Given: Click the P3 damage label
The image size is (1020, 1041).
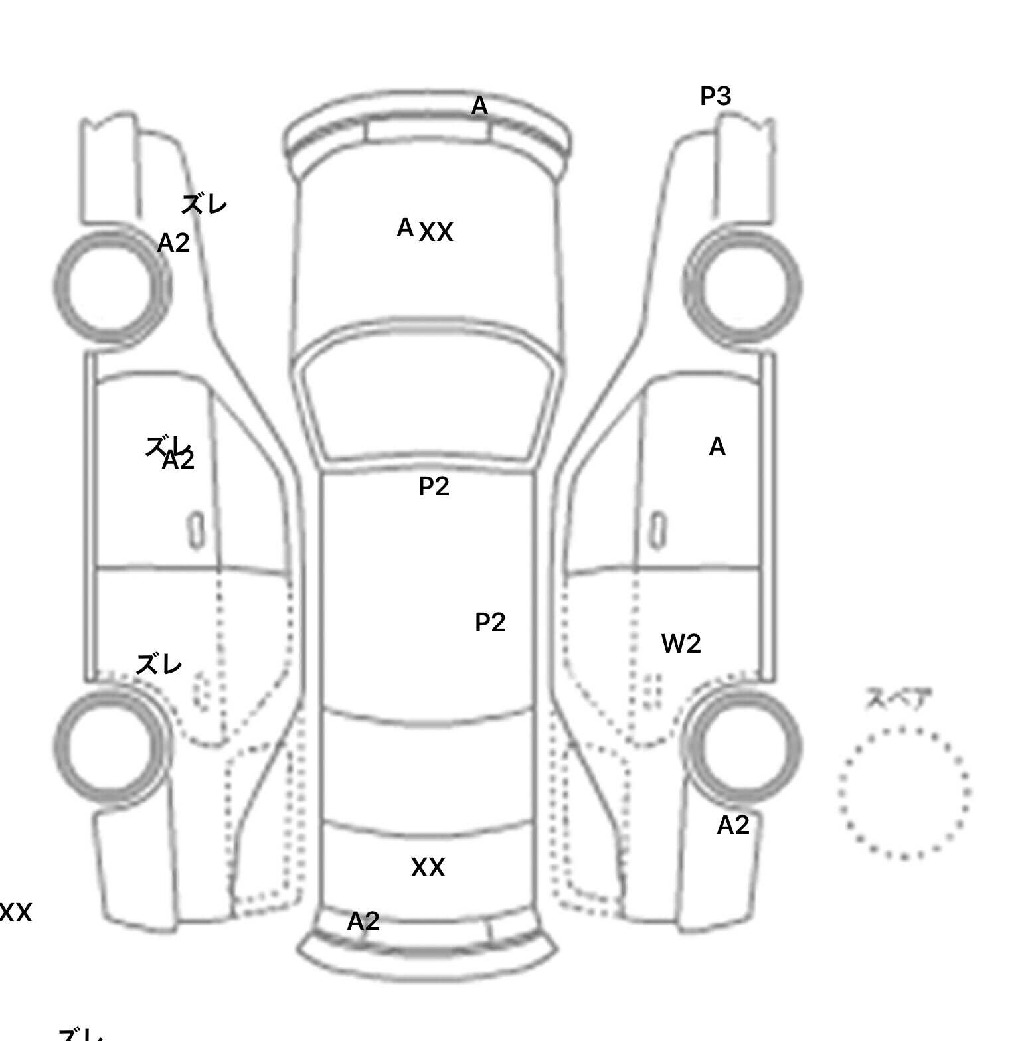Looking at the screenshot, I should pos(715,97).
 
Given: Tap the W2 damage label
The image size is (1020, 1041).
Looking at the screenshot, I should pos(681,643).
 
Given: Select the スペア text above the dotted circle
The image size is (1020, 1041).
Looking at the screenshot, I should pos(898,699).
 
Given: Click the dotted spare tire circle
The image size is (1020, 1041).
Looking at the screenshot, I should pos(904,793).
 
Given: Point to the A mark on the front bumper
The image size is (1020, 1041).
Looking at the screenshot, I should pos(479,106).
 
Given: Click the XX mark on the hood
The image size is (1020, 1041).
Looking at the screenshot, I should pos(436,232).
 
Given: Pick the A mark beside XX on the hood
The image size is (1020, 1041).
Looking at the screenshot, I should pos(405,228).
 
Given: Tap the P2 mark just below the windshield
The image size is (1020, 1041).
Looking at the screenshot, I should pos(434,487).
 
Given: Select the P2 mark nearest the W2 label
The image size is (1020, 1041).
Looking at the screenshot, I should pos(490,623).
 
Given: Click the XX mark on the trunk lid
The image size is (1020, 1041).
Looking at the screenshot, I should pos(428,868).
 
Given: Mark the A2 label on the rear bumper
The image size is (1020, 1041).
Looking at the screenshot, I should pos(363,921).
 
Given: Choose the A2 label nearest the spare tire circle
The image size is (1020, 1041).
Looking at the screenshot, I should pos(733,825).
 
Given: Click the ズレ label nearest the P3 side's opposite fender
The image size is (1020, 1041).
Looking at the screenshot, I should pos(204,204).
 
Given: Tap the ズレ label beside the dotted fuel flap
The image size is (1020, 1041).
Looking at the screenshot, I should pos(159,664).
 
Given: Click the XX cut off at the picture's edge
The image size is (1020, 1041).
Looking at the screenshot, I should pos(15,913).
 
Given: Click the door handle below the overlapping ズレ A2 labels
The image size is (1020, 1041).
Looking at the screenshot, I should pos(197,530).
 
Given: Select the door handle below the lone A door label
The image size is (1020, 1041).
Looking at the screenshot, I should pos(657,530).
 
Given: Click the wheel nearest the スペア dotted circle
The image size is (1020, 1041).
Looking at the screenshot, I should pos(742,745).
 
